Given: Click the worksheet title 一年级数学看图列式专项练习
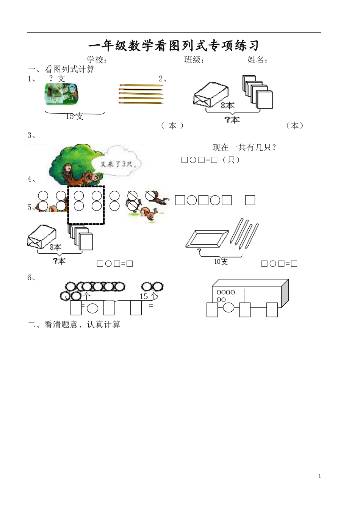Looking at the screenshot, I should [x=174, y=46].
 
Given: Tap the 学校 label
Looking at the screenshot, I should [x=97, y=60].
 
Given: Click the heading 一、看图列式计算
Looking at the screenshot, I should [x=61, y=69].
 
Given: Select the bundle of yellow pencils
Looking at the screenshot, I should [x=141, y=94].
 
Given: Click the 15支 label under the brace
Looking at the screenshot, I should [x=74, y=117].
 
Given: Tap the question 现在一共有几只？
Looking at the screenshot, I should [x=244, y=148].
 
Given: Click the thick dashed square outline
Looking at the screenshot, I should [x=86, y=205].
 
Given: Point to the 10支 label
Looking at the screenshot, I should [x=221, y=261].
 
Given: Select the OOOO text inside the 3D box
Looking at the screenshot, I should [x=225, y=292].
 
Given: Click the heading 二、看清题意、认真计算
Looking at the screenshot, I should [x=74, y=325].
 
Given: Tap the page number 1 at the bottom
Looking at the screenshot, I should [x=320, y=476].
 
